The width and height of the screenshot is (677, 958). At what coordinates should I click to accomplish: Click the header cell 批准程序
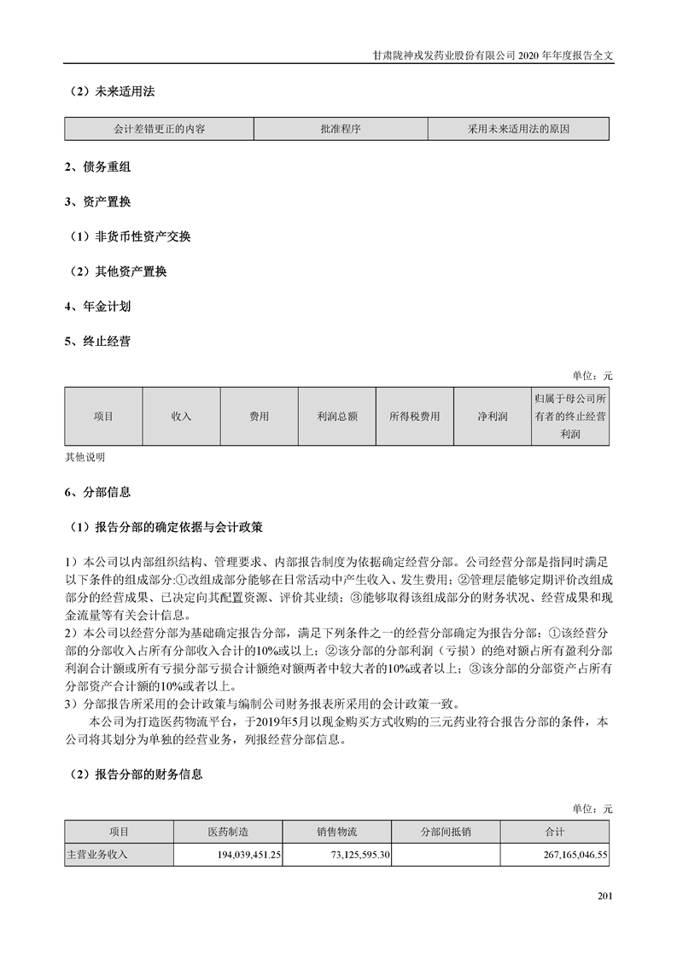[341, 129]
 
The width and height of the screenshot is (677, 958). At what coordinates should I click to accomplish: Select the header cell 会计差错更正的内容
[159, 129]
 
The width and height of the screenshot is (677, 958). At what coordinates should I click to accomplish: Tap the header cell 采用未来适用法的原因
[518, 129]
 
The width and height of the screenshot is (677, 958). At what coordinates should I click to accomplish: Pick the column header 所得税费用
[414, 417]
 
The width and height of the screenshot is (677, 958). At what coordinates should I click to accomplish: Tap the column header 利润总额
[336, 417]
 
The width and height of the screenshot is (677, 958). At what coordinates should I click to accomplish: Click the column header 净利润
[493, 417]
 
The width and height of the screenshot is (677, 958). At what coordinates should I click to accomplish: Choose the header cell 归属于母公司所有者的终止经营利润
[569, 417]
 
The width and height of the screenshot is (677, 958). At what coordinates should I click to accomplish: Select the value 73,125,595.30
[352, 854]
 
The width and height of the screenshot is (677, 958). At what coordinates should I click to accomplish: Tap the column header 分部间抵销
[446, 832]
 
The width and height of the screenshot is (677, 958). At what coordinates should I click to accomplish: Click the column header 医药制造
[227, 832]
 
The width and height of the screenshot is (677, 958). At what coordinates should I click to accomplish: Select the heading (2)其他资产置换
[119, 272]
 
